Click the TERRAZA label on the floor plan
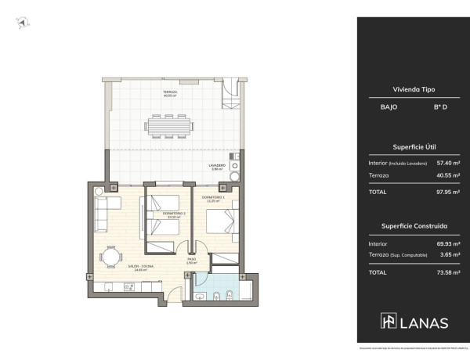click(170, 93)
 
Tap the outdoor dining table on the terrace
click(170, 124)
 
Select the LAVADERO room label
click(217, 167)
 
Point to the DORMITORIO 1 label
click(213, 197)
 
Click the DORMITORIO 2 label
click(173, 214)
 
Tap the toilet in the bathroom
click(217, 297)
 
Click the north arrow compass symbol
click(20, 24)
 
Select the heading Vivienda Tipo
click(413, 90)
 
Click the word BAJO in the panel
click(378, 106)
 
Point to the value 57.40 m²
click(447, 163)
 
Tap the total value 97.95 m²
click(447, 192)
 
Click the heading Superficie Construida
click(413, 225)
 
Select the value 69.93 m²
click(447, 243)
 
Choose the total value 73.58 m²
click(447, 272)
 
